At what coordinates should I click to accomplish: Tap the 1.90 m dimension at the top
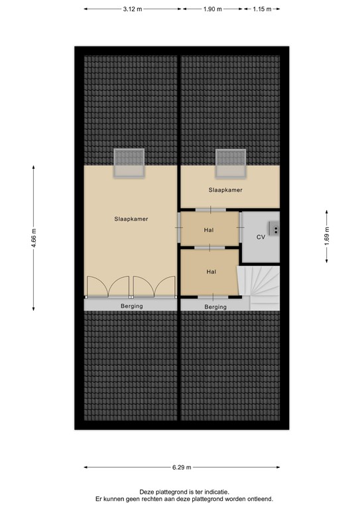pyautogui.click(x=212, y=9)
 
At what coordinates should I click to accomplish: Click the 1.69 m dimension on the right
pyautogui.click(x=326, y=237)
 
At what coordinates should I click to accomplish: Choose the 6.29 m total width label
pyautogui.click(x=180, y=467)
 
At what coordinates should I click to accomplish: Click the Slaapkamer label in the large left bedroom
pyautogui.click(x=131, y=218)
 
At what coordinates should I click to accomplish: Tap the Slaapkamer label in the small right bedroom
pyautogui.click(x=225, y=190)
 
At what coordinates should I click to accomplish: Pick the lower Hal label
pyautogui.click(x=211, y=272)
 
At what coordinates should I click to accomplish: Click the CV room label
pyautogui.click(x=261, y=237)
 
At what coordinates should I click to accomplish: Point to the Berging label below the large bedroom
pyautogui.click(x=131, y=306)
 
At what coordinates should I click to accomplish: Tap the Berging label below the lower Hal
pyautogui.click(x=215, y=307)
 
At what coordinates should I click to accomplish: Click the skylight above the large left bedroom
pyautogui.click(x=129, y=162)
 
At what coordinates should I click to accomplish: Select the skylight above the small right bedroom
pyautogui.click(x=230, y=162)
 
